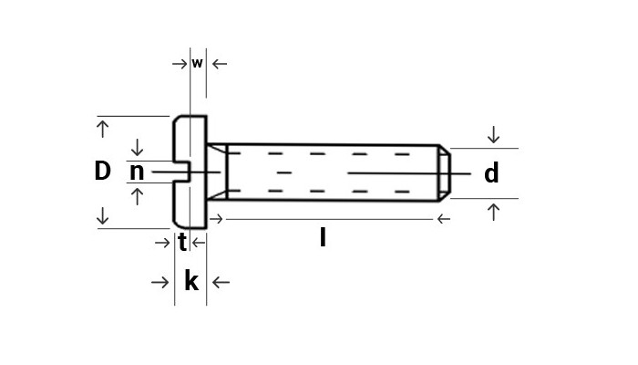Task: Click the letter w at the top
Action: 197,64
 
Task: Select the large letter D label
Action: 102,172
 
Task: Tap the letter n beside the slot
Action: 137,172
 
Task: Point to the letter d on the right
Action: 491,173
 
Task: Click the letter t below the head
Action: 182,243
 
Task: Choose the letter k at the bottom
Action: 190,282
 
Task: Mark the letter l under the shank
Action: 323,239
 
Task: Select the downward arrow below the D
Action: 102,216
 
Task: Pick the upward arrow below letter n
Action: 138,195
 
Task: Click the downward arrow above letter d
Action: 493,135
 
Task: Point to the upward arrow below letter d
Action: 493,212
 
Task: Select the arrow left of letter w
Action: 179,64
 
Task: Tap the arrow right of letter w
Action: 219,64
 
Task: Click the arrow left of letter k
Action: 160,283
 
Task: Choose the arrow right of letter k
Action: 221,283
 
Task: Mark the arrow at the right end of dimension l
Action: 444,219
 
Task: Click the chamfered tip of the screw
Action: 444,172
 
